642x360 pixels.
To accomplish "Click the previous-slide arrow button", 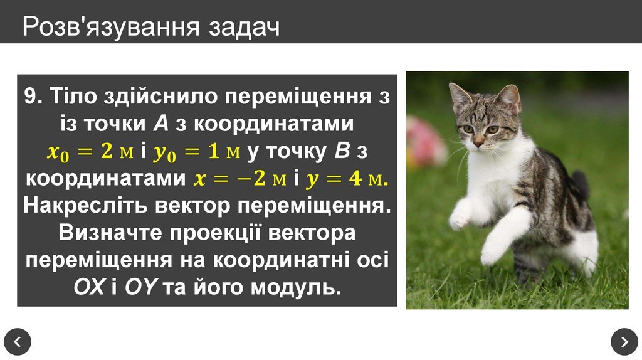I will pyautogui.click(x=17, y=342).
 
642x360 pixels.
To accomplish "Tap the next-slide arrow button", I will pyautogui.click(x=624, y=342).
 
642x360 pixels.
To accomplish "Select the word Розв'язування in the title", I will pyautogui.click(x=110, y=27).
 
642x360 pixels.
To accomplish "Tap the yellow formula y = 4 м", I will pyautogui.click(x=347, y=179).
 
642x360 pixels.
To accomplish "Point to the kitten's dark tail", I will pyautogui.click(x=581, y=185).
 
